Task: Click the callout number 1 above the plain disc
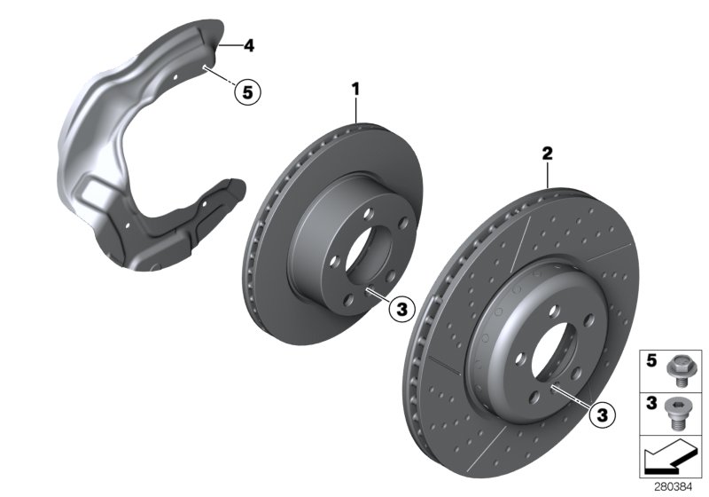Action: point(356,89)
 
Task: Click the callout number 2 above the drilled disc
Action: point(548,155)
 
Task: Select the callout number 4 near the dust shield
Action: point(250,44)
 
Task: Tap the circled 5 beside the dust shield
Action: point(248,90)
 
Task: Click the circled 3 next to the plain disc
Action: point(401,309)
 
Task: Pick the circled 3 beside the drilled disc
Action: point(602,413)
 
